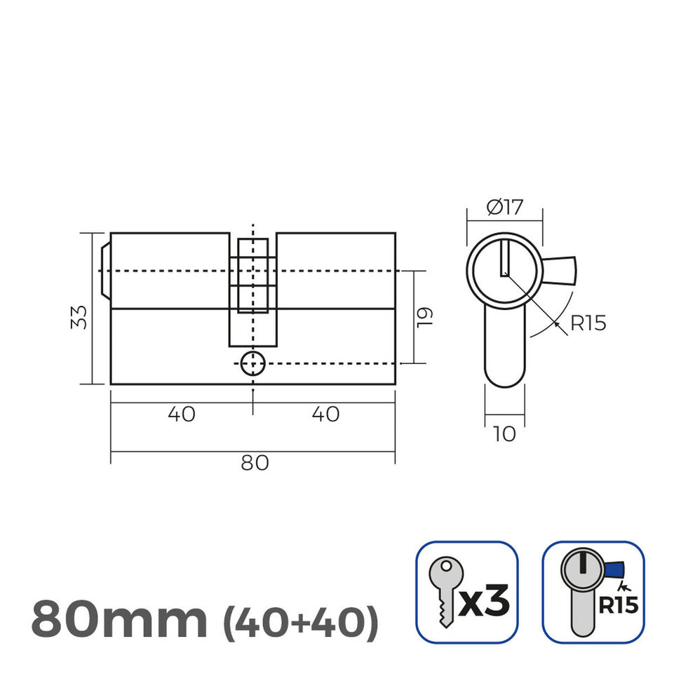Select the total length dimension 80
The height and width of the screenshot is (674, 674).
pos(253,464)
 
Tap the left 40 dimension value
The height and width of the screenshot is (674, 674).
pos(182,414)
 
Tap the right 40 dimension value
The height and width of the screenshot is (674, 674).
pos(325,414)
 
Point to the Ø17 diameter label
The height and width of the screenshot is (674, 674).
pos(504,207)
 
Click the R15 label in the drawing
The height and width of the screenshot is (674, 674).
pos(587,323)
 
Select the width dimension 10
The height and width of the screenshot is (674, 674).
pos(504,434)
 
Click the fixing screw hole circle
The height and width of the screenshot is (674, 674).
pos(252,364)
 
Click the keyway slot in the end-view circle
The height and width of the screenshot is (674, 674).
pos(504,257)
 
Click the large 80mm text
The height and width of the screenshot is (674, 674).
pos(119,619)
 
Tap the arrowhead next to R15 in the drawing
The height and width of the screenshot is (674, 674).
pos(555,323)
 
